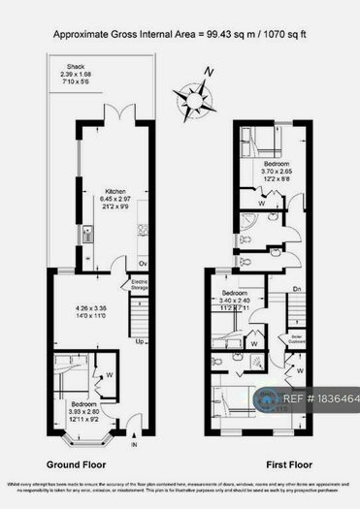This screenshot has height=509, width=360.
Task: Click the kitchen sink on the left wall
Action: point(89,233)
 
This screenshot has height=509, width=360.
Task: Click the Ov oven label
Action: point(142,263)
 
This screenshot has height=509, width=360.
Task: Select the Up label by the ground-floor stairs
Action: point(141,341)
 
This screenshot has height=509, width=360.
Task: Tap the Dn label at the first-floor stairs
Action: point(298,288)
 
